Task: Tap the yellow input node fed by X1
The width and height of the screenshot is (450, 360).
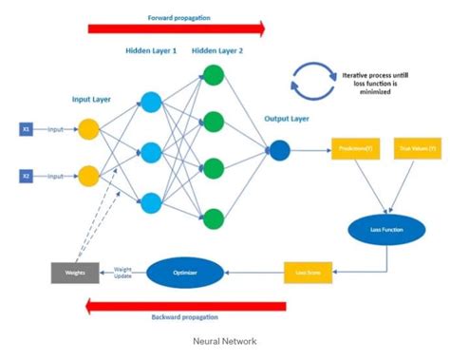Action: coord(89,128)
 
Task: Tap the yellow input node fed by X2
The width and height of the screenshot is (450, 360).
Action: coord(89,175)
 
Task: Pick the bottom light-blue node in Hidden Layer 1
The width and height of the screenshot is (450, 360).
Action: coord(151,200)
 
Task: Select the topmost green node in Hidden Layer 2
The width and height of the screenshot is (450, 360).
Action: coord(214,75)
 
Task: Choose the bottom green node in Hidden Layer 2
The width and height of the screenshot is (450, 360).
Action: coord(214,217)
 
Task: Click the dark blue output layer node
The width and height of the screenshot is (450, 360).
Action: coord(280,148)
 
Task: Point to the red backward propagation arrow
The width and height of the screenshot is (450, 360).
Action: coord(185,306)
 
